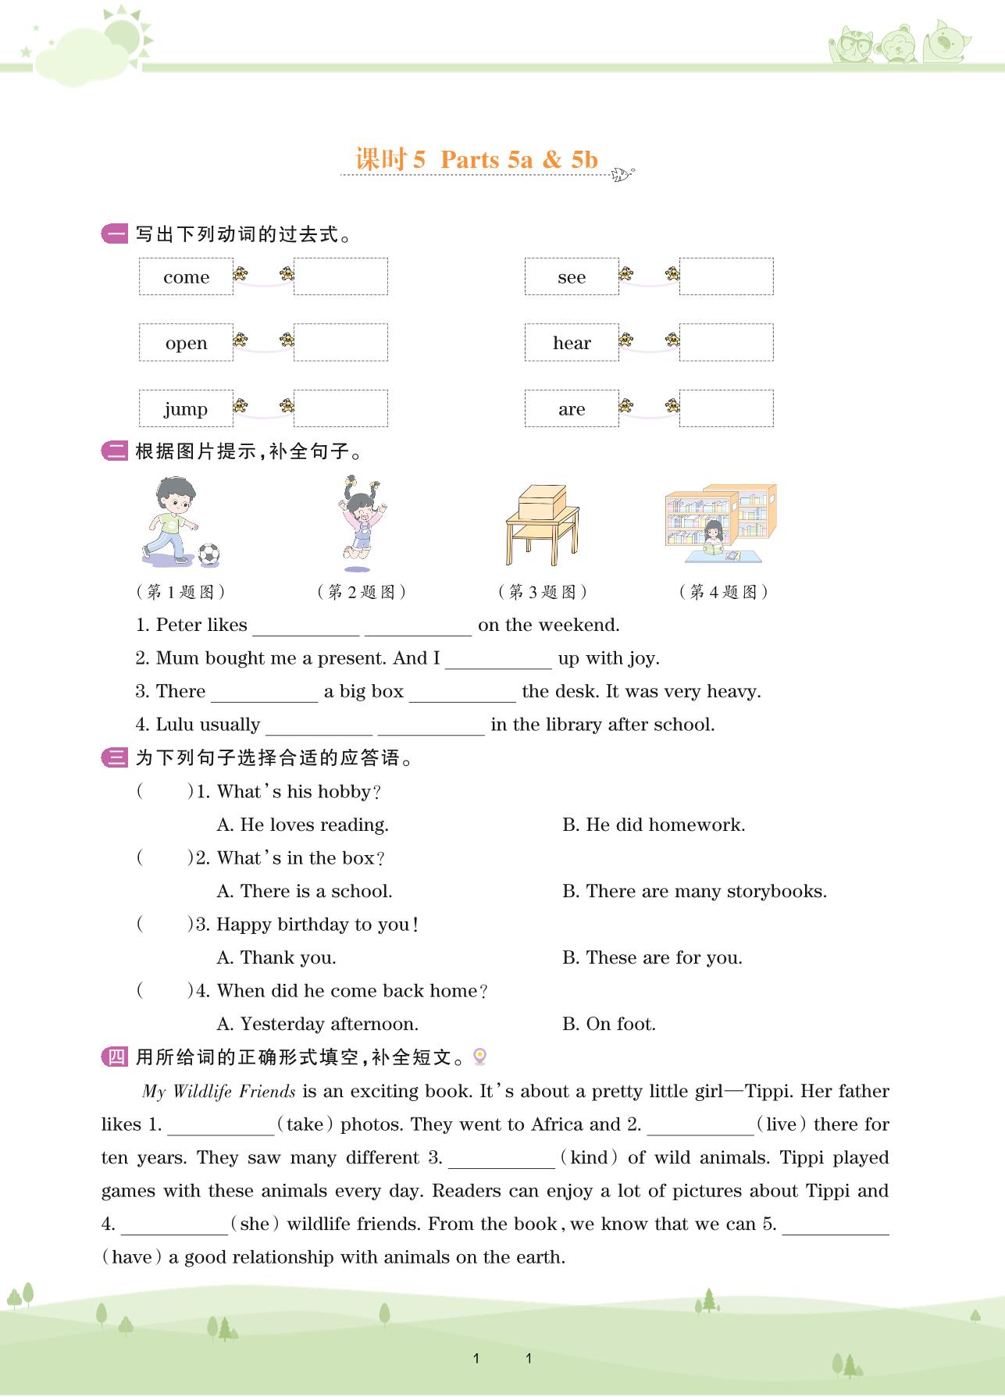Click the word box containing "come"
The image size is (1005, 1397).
pos(186,277)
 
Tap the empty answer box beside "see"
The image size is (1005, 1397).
pos(726,277)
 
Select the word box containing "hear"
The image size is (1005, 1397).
pos(572,343)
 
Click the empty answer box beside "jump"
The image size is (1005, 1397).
pos(340,408)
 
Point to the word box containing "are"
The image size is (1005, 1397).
pos(572,409)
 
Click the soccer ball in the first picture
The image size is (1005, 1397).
pos(208,554)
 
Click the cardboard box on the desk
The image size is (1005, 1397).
pos(542,501)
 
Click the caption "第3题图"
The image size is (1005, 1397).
pos(543,592)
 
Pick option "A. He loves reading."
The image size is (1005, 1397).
pos(302,825)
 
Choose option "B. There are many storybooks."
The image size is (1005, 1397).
pos(694,892)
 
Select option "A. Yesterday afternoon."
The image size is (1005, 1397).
pos(317,1025)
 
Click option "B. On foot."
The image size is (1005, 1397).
pos(609,1025)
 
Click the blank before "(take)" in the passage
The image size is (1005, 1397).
pos(221,1126)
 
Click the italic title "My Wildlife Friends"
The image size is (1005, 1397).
pos(219,1092)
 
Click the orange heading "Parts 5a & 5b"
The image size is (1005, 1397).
pos(519,159)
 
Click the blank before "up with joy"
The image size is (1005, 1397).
pos(498,660)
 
